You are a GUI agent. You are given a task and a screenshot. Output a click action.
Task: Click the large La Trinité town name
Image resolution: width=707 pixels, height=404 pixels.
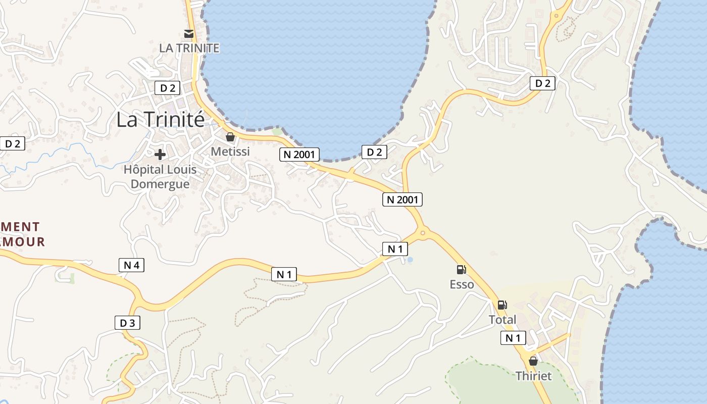(161, 120)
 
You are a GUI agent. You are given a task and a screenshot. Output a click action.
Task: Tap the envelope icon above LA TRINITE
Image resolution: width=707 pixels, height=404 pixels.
(189, 34)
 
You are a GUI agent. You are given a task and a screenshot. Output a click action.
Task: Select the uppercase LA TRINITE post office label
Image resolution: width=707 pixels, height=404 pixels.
(189, 48)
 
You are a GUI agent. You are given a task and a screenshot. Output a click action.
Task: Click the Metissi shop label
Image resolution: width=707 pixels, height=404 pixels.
(230, 151)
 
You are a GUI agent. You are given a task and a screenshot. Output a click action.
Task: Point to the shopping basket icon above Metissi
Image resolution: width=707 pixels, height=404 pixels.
(230, 137)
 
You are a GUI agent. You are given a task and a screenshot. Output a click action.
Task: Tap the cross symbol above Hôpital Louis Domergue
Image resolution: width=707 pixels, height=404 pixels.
(160, 154)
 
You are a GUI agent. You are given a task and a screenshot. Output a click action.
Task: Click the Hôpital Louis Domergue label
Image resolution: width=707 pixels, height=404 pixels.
(160, 177)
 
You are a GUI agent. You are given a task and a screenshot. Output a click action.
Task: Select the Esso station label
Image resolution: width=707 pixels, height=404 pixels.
(462, 284)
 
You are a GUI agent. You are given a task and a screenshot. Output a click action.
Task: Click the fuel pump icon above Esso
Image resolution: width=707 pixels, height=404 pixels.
(461, 270)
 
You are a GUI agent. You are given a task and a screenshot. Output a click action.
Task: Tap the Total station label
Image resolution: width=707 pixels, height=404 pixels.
(502, 320)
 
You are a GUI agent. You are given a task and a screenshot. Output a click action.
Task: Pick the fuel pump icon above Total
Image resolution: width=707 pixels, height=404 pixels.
(502, 305)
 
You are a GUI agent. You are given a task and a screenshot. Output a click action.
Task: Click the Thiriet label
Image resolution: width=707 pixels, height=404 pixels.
(533, 376)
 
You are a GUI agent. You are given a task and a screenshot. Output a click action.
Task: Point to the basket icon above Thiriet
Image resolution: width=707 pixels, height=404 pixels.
(533, 361)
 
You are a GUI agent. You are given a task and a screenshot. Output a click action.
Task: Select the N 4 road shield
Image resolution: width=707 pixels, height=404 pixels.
(131, 265)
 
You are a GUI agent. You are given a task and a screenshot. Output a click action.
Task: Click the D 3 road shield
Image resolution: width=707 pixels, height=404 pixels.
(127, 323)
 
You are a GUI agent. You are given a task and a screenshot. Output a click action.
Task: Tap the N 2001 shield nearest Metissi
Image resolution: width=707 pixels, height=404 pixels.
(299, 154)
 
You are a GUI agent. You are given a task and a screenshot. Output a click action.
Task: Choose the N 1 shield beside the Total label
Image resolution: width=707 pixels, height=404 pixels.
(513, 338)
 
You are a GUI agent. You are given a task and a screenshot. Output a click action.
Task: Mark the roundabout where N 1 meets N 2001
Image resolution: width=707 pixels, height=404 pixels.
(423, 233)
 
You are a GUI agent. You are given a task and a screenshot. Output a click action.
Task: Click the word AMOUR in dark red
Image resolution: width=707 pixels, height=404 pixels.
(23, 242)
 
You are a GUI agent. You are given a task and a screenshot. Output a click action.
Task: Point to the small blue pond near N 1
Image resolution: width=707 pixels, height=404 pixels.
(410, 260)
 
